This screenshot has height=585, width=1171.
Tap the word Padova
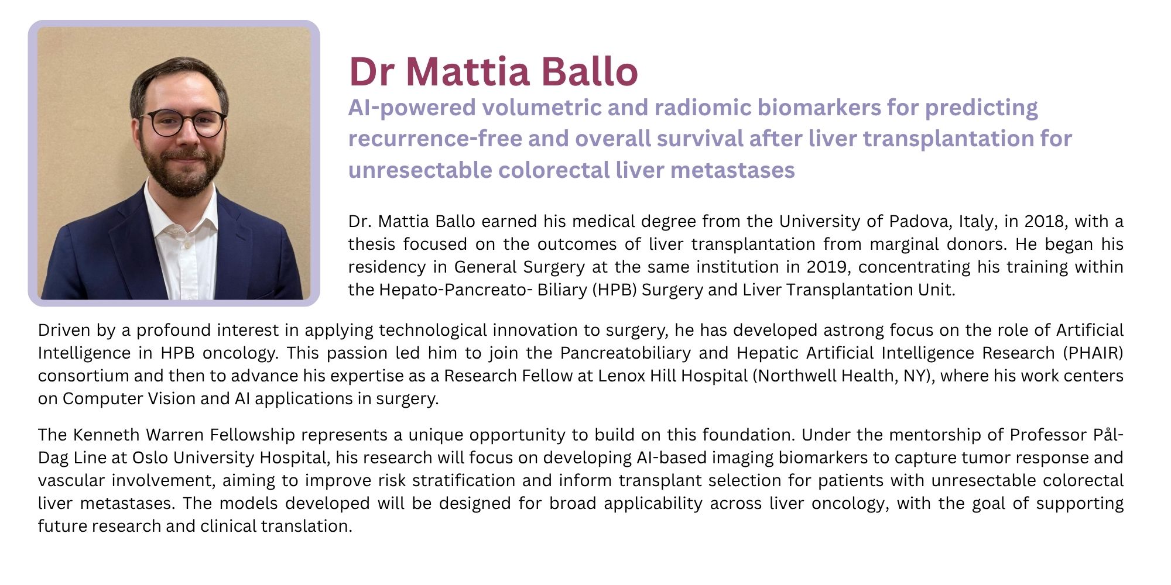click(916, 221)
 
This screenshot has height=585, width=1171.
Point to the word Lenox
click(621, 376)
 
